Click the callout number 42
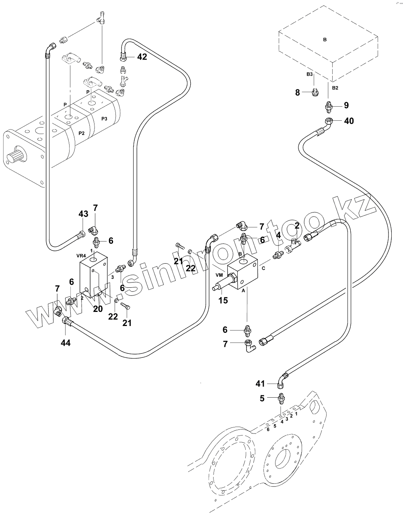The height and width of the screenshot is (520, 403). coord(142,57)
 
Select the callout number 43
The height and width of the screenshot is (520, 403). coord(83,214)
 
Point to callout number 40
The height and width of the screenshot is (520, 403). coord(349,120)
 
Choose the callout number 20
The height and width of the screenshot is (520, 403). coord(98,309)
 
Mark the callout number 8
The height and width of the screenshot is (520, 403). coord(298,93)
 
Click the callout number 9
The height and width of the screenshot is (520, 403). coord(346,105)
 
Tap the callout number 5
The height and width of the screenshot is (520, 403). coord(262,398)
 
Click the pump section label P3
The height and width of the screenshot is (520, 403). coord(104,118)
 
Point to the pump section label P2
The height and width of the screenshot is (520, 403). coord(81,133)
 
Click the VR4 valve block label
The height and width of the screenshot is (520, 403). coord(81,256)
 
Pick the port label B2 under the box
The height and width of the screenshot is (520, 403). coord(335,87)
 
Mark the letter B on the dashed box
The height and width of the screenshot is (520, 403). coord(325,39)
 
